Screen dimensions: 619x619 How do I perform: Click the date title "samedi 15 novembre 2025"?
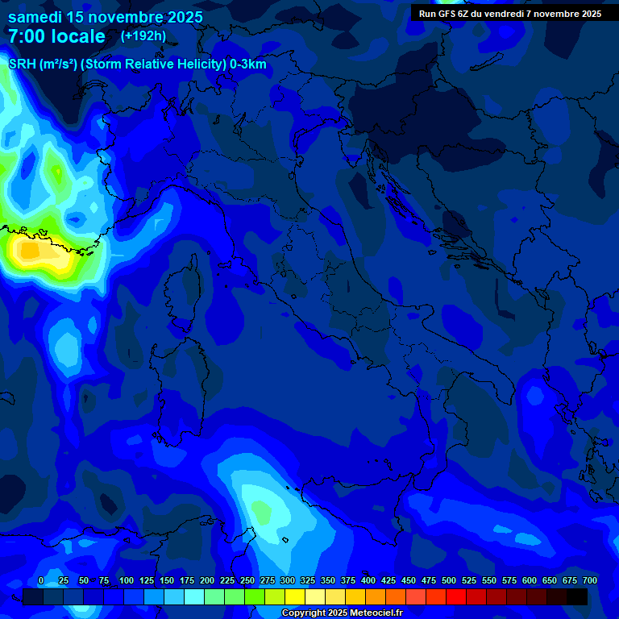(105, 17)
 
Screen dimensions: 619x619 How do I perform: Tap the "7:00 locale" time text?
(56, 36)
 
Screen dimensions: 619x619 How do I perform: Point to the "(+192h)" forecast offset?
(143, 35)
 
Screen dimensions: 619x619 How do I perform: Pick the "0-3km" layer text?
(247, 64)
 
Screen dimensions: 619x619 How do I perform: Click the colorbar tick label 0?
(41, 580)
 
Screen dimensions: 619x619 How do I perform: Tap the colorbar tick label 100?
(127, 580)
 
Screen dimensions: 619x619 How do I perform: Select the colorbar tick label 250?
(247, 580)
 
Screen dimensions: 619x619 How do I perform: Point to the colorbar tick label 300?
(288, 580)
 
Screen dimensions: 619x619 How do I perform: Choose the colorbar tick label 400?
(368, 580)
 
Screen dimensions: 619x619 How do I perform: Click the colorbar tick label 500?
(449, 580)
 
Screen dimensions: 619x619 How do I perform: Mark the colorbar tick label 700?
(590, 580)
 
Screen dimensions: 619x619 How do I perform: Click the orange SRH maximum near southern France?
(31, 251)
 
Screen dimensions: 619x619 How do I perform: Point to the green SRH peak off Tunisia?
(262, 510)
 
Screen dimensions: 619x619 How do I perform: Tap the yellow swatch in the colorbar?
(295, 596)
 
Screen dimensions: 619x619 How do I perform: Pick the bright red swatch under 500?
(456, 596)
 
